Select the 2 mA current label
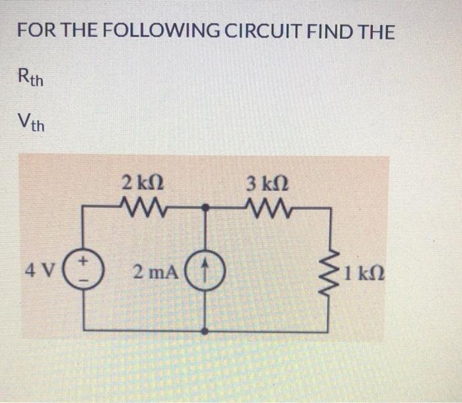152,270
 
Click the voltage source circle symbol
83,270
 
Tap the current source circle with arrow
206,270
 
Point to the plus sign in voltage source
84,263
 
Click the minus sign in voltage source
84,278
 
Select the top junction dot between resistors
206,207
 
